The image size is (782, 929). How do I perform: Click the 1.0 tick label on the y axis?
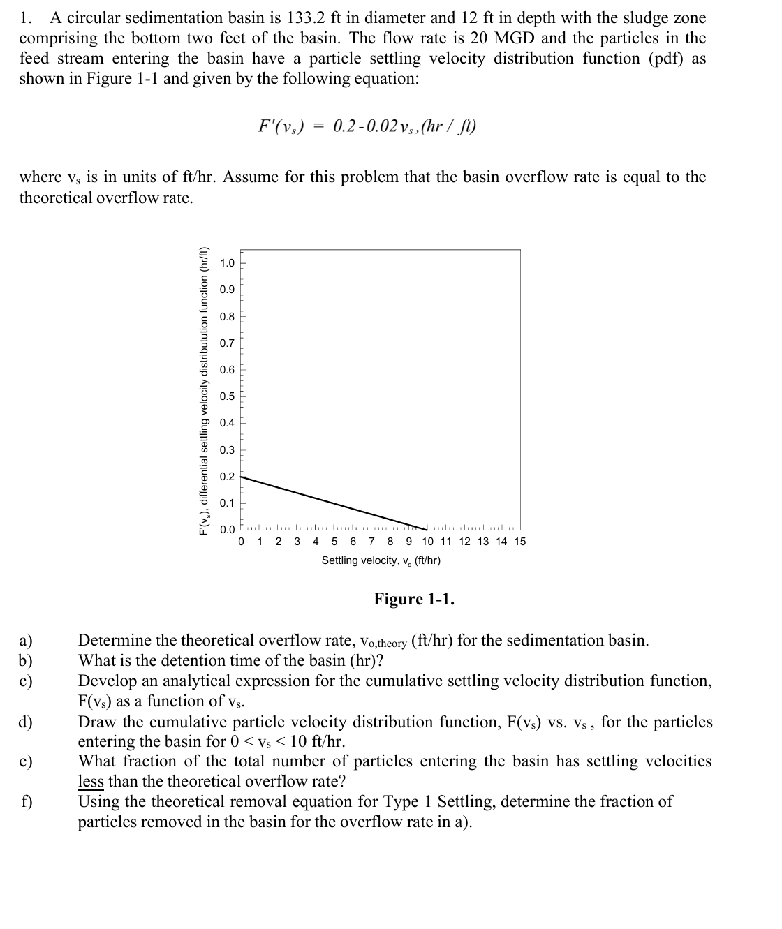(x=228, y=263)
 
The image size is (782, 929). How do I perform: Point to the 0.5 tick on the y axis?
(x=228, y=396)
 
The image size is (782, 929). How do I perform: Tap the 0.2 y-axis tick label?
(x=228, y=477)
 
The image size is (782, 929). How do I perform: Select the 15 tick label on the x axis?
(x=519, y=542)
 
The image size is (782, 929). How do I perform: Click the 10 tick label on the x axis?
(x=427, y=542)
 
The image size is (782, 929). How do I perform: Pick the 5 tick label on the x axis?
(x=334, y=542)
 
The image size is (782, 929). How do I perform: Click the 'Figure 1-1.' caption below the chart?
(x=414, y=599)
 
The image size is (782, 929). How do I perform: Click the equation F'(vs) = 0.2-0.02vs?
(x=367, y=126)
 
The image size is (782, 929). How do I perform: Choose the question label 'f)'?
(x=26, y=801)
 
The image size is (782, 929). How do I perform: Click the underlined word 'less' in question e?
(x=91, y=781)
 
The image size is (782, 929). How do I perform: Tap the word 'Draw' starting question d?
(x=98, y=722)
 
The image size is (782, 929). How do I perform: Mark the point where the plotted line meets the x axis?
(x=427, y=530)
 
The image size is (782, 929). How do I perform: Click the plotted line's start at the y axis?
(x=242, y=477)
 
